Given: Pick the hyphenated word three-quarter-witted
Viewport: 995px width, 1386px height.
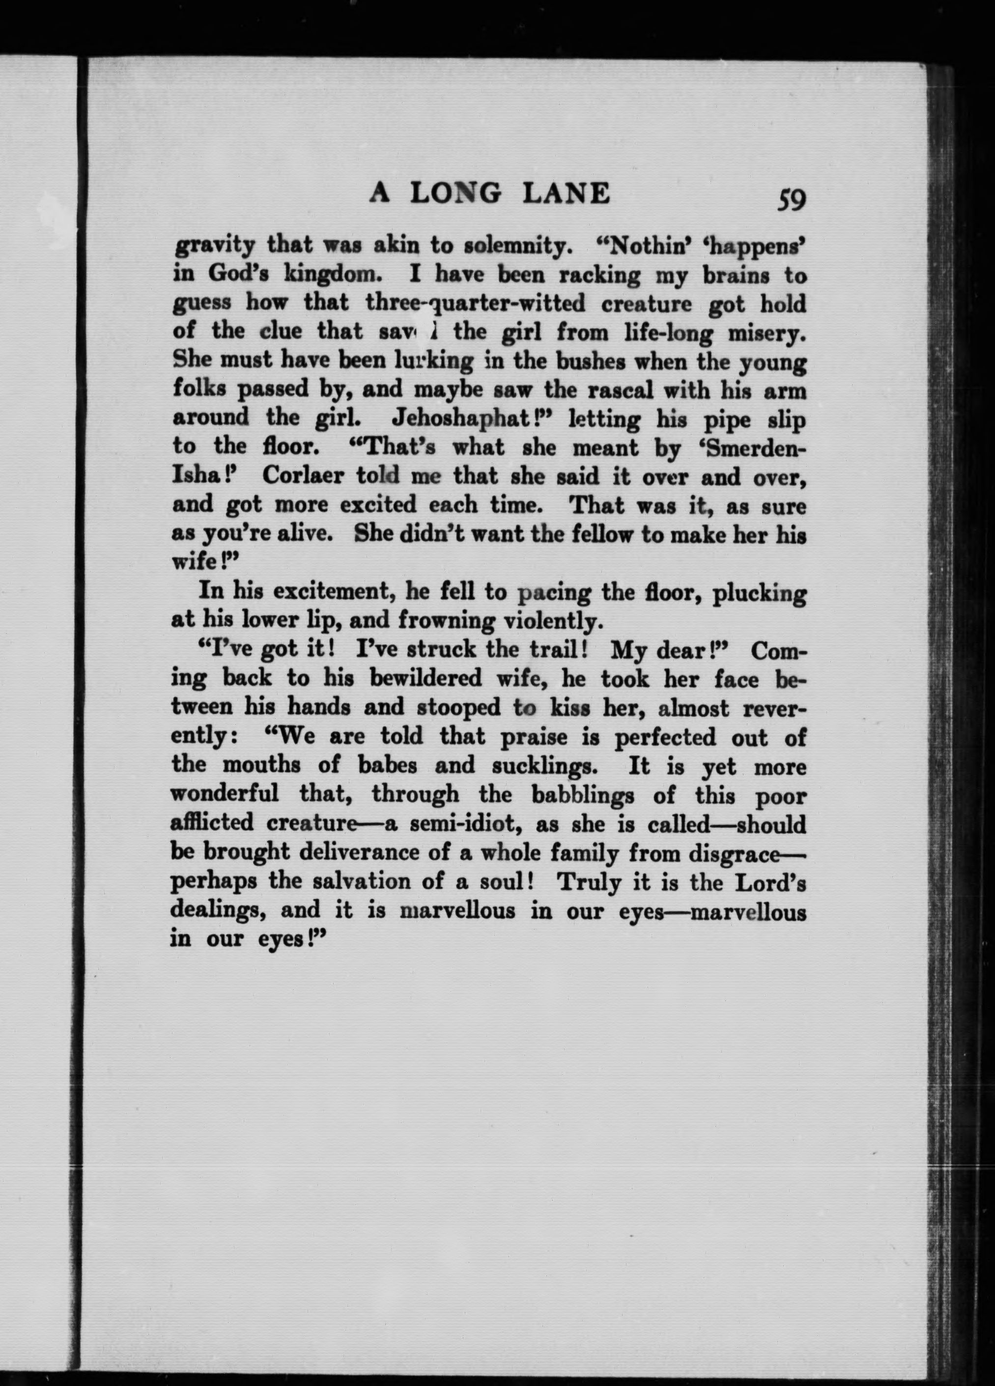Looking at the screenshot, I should [x=474, y=303].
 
